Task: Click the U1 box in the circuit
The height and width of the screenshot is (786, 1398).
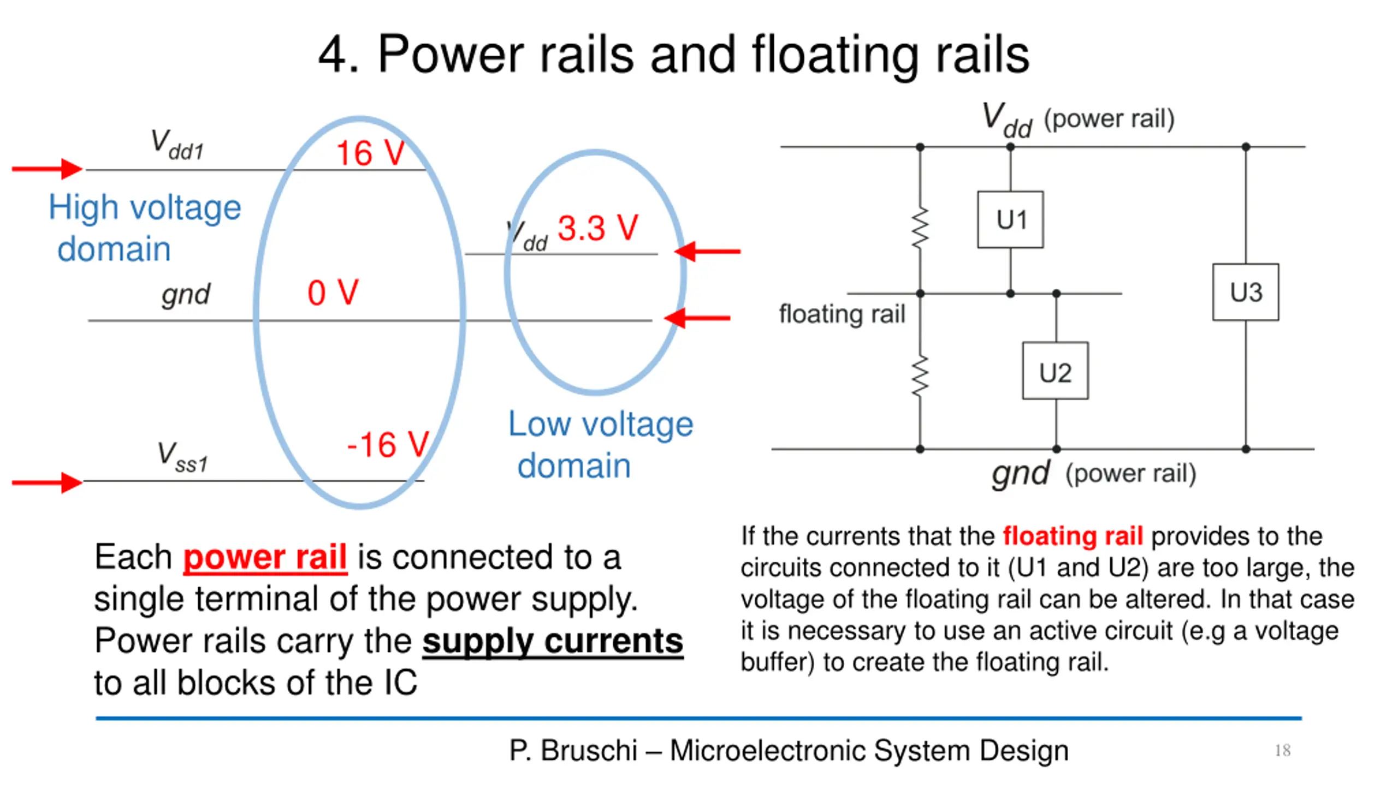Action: point(1010,219)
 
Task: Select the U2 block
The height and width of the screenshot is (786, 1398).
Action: point(1055,371)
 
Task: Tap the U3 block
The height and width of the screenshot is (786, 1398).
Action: point(1246,292)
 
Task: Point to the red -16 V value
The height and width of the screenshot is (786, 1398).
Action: point(388,444)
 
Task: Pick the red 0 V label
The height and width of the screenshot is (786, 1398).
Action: point(333,293)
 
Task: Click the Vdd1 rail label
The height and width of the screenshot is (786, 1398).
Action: point(177,145)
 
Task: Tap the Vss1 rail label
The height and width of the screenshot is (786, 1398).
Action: point(182,457)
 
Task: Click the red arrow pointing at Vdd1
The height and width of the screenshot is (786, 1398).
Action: point(47,169)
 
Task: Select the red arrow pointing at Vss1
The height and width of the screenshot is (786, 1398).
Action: point(47,483)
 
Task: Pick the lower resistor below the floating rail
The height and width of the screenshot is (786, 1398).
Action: point(920,376)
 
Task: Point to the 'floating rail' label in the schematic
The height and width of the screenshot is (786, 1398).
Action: point(842,314)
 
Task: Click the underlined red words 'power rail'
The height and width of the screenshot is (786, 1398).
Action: point(265,557)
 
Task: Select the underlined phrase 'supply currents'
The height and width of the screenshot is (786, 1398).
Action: point(552,641)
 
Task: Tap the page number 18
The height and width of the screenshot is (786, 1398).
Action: point(1282,751)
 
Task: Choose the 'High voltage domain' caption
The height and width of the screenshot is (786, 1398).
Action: point(144,228)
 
